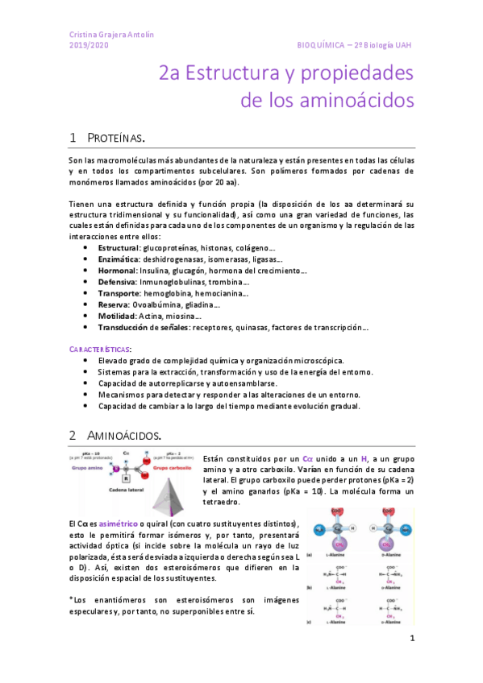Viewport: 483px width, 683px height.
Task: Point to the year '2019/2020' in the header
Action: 88,45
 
